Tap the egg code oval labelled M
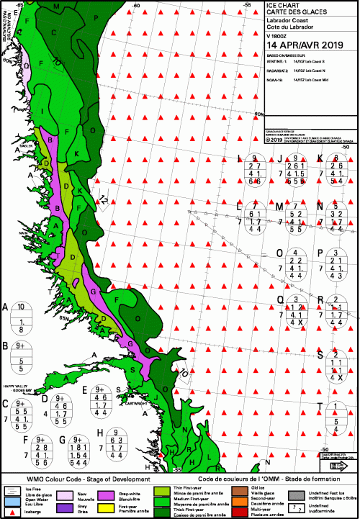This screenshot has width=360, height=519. (x=294, y=219)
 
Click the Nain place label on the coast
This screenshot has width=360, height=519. (x=24, y=233)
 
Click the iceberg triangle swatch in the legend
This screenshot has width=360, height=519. (x=12, y=510)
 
